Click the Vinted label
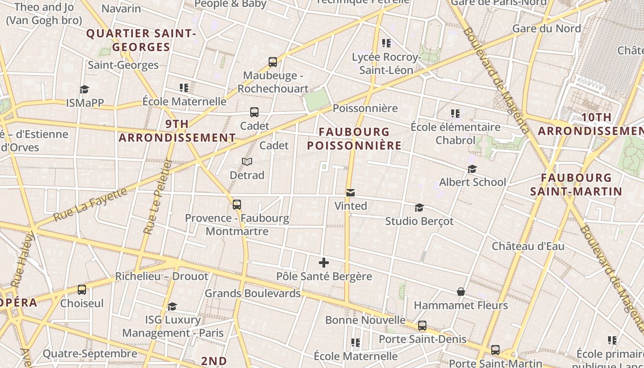[x=351, y=206]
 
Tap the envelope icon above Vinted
[x=351, y=193]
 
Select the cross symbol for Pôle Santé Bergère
[x=324, y=263]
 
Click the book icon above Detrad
[x=247, y=162]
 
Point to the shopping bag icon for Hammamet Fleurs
[x=460, y=292]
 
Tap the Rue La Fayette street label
[x=90, y=204]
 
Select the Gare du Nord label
[x=546, y=29]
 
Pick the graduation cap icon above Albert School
[x=472, y=169]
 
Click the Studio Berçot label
[x=419, y=221]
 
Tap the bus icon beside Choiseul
[x=82, y=290]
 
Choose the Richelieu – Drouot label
[x=161, y=276]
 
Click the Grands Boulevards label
[x=253, y=293]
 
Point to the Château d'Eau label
[x=528, y=246]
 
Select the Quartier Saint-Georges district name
[x=141, y=40]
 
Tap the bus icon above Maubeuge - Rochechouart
[x=273, y=62]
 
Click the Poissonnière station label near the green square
[x=365, y=109]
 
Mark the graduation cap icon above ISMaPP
[x=84, y=89]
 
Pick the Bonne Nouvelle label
[x=365, y=320]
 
